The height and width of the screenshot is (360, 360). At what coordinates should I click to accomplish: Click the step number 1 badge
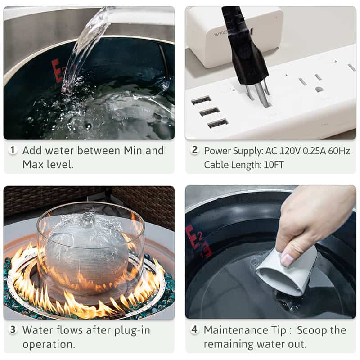[x=13, y=150]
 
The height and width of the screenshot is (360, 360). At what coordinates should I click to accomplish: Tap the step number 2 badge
[x=195, y=150]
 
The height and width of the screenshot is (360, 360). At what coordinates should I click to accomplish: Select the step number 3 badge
[x=13, y=330]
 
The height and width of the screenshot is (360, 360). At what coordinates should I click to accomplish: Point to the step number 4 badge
[x=194, y=329]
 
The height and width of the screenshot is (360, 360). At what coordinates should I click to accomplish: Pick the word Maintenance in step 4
[x=236, y=330]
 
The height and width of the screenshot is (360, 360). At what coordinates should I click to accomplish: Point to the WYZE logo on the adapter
[x=220, y=33]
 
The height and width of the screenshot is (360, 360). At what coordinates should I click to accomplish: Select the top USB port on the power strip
[x=201, y=100]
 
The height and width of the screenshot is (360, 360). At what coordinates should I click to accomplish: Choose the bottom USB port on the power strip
[x=218, y=123]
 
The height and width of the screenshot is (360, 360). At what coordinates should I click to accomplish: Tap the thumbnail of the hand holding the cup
[x=271, y=252]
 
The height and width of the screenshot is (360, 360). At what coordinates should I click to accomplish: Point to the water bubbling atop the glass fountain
[x=86, y=220]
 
